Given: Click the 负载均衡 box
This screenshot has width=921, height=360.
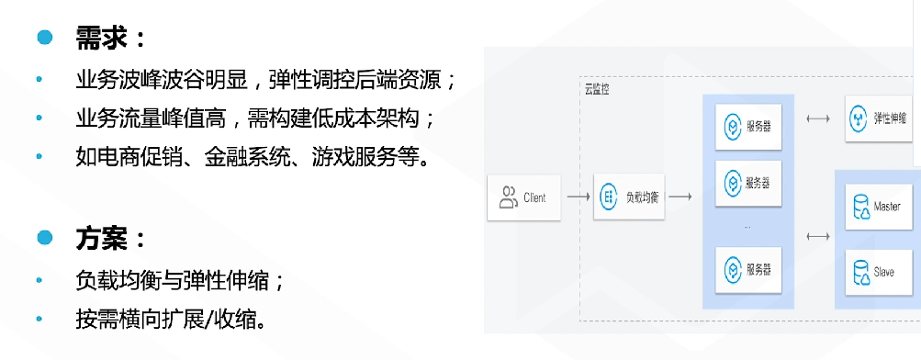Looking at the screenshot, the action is coord(629,197).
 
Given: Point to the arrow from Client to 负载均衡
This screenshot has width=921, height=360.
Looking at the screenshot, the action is coord(577,197).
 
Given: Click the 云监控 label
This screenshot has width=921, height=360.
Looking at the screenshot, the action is coord(597,89).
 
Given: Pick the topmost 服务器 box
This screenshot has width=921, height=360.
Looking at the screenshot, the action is coord(747,124).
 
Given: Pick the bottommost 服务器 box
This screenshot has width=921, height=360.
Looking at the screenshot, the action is coord(747,269).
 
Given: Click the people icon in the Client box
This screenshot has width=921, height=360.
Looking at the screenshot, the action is coord(508,197).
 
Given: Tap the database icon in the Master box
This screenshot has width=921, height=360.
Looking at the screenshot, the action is coord(861,208).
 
